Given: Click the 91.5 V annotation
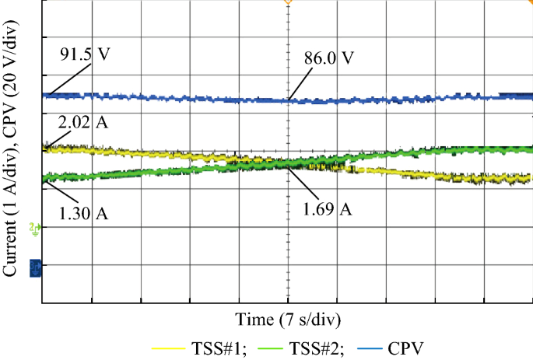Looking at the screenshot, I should (85, 56).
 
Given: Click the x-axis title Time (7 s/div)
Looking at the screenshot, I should (288, 320).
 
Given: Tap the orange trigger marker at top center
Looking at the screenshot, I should (288, 2).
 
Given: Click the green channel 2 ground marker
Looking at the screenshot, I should (33, 228).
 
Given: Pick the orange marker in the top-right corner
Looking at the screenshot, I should (529, 3).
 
